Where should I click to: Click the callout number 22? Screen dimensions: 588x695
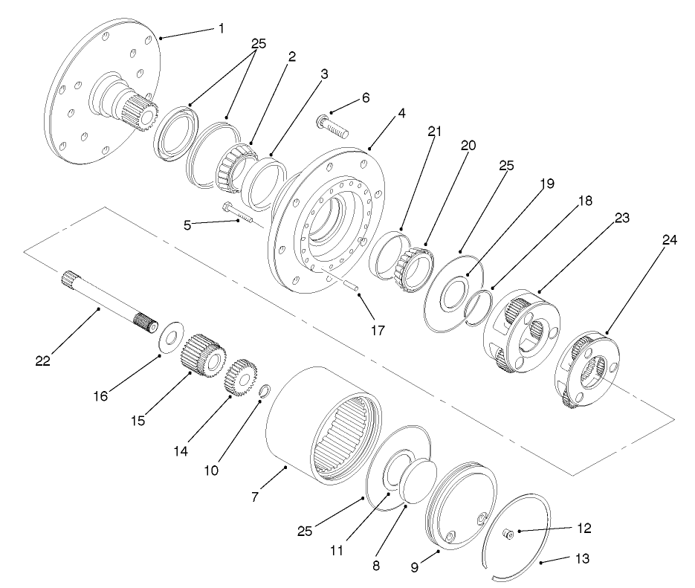click(43, 361)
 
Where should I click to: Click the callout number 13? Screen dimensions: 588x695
click(584, 559)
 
